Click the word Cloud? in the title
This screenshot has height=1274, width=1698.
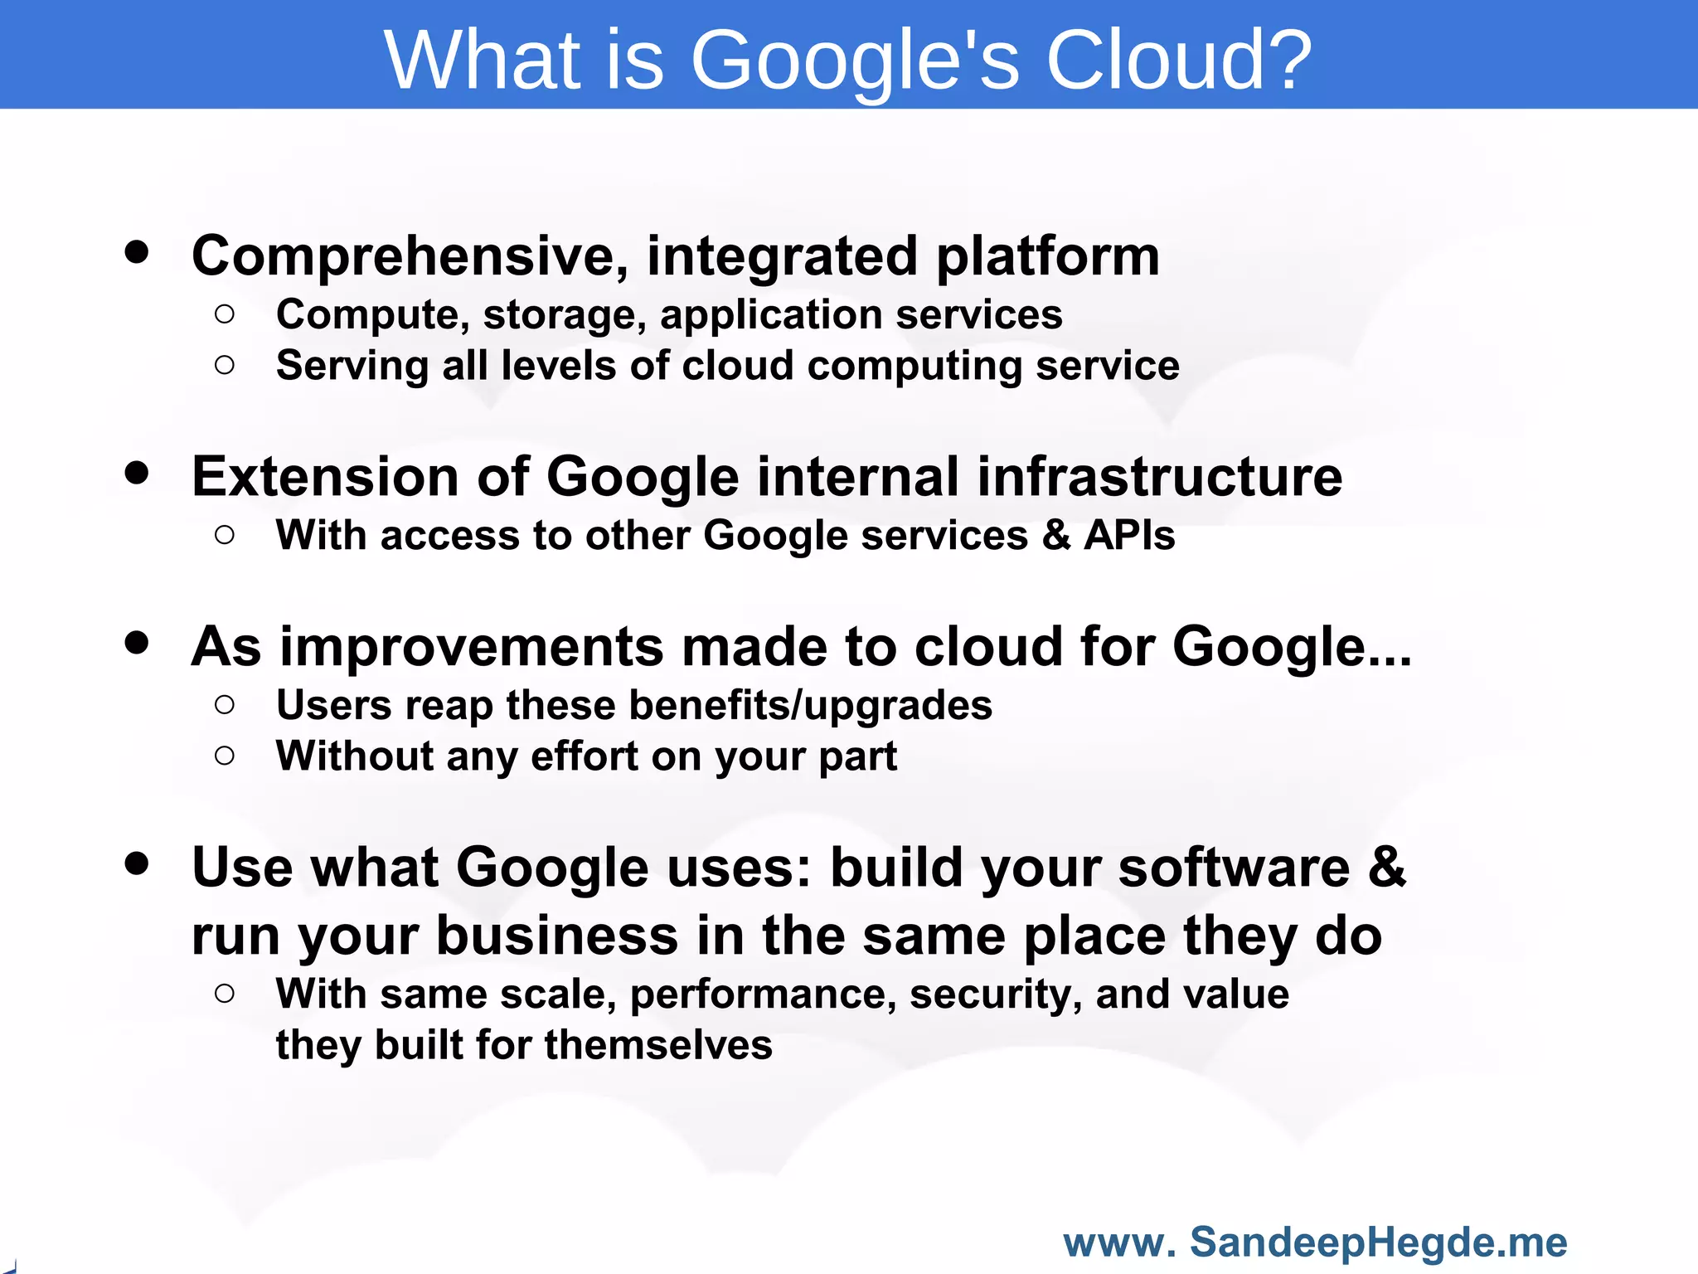point(1178,60)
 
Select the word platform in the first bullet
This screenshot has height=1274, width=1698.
point(1048,257)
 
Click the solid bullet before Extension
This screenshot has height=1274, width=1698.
point(137,473)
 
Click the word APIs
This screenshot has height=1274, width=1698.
point(1129,535)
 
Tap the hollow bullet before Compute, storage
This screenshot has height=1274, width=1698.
point(225,314)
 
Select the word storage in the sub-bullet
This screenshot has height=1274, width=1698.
point(564,316)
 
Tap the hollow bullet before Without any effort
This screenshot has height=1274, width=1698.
point(225,756)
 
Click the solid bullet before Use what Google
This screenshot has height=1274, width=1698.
point(137,863)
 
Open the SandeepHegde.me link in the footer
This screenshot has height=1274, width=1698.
point(1377,1242)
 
